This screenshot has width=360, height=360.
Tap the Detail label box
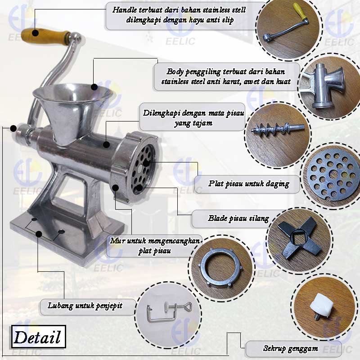[x=39, y=337]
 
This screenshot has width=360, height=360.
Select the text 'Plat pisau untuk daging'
[x=249, y=184]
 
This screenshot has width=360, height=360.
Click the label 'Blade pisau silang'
[x=238, y=218]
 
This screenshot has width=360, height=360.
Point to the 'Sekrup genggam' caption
[x=290, y=348]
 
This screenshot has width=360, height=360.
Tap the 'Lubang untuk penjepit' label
[x=85, y=306]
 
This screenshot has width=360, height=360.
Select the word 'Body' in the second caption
[x=175, y=72]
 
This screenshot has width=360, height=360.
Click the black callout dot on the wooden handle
[x=35, y=33]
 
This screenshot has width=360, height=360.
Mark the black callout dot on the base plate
[x=39, y=234]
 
